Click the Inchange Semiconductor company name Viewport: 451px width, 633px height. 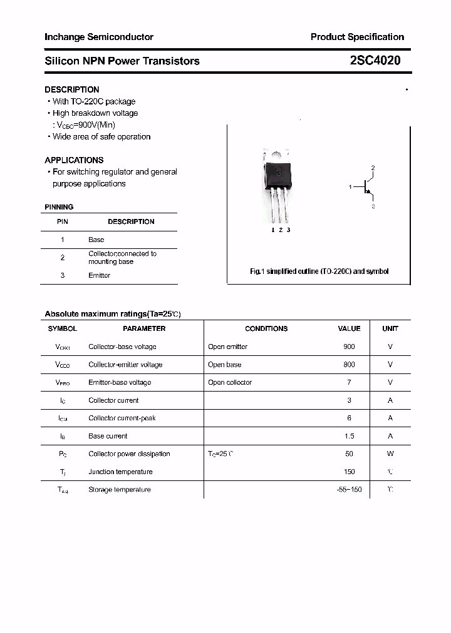[99, 37]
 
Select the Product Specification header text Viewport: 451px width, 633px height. [357, 37]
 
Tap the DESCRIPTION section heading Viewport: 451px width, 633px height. [71, 89]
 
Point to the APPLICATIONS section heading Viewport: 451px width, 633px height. [74, 160]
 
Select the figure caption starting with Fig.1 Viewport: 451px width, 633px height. [319, 271]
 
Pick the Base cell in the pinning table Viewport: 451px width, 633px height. [96, 240]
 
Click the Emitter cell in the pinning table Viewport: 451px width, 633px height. [99, 275]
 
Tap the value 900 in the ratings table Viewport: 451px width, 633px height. [349, 347]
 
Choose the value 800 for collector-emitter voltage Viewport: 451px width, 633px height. [349, 365]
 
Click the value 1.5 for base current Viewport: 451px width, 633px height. [349, 436]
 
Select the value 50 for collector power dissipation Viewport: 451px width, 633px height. [349, 454]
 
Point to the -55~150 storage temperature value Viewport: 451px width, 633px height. [349, 490]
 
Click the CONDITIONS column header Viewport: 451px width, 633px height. [266, 328]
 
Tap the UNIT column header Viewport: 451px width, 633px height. [390, 328]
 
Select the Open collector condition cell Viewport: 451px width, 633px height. [230, 382]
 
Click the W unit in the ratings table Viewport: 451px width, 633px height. [390, 454]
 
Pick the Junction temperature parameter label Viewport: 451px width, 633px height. [120, 472]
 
